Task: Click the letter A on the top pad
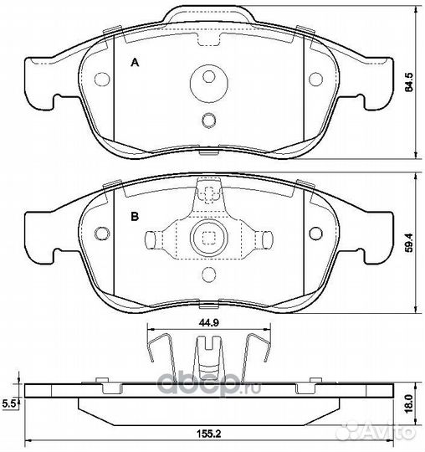135,62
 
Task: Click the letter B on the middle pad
135,216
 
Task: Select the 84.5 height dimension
408,82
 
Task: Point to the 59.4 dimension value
408,243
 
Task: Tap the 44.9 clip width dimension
208,323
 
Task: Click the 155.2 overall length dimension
208,433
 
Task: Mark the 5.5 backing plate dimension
8,403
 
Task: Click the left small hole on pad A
102,79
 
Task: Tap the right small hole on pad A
315,79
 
